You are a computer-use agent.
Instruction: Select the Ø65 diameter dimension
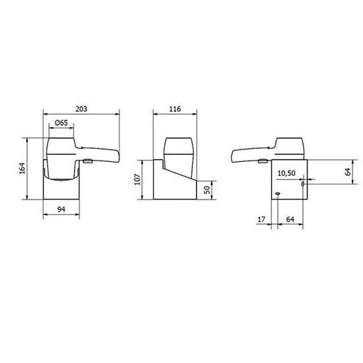click(x=61, y=123)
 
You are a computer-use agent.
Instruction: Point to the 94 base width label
click(x=61, y=208)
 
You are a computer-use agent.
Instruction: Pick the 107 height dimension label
click(x=138, y=181)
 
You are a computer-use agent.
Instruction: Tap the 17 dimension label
click(x=261, y=220)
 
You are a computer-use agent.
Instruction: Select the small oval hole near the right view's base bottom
click(x=277, y=194)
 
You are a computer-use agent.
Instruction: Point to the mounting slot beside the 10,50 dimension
click(x=303, y=185)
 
